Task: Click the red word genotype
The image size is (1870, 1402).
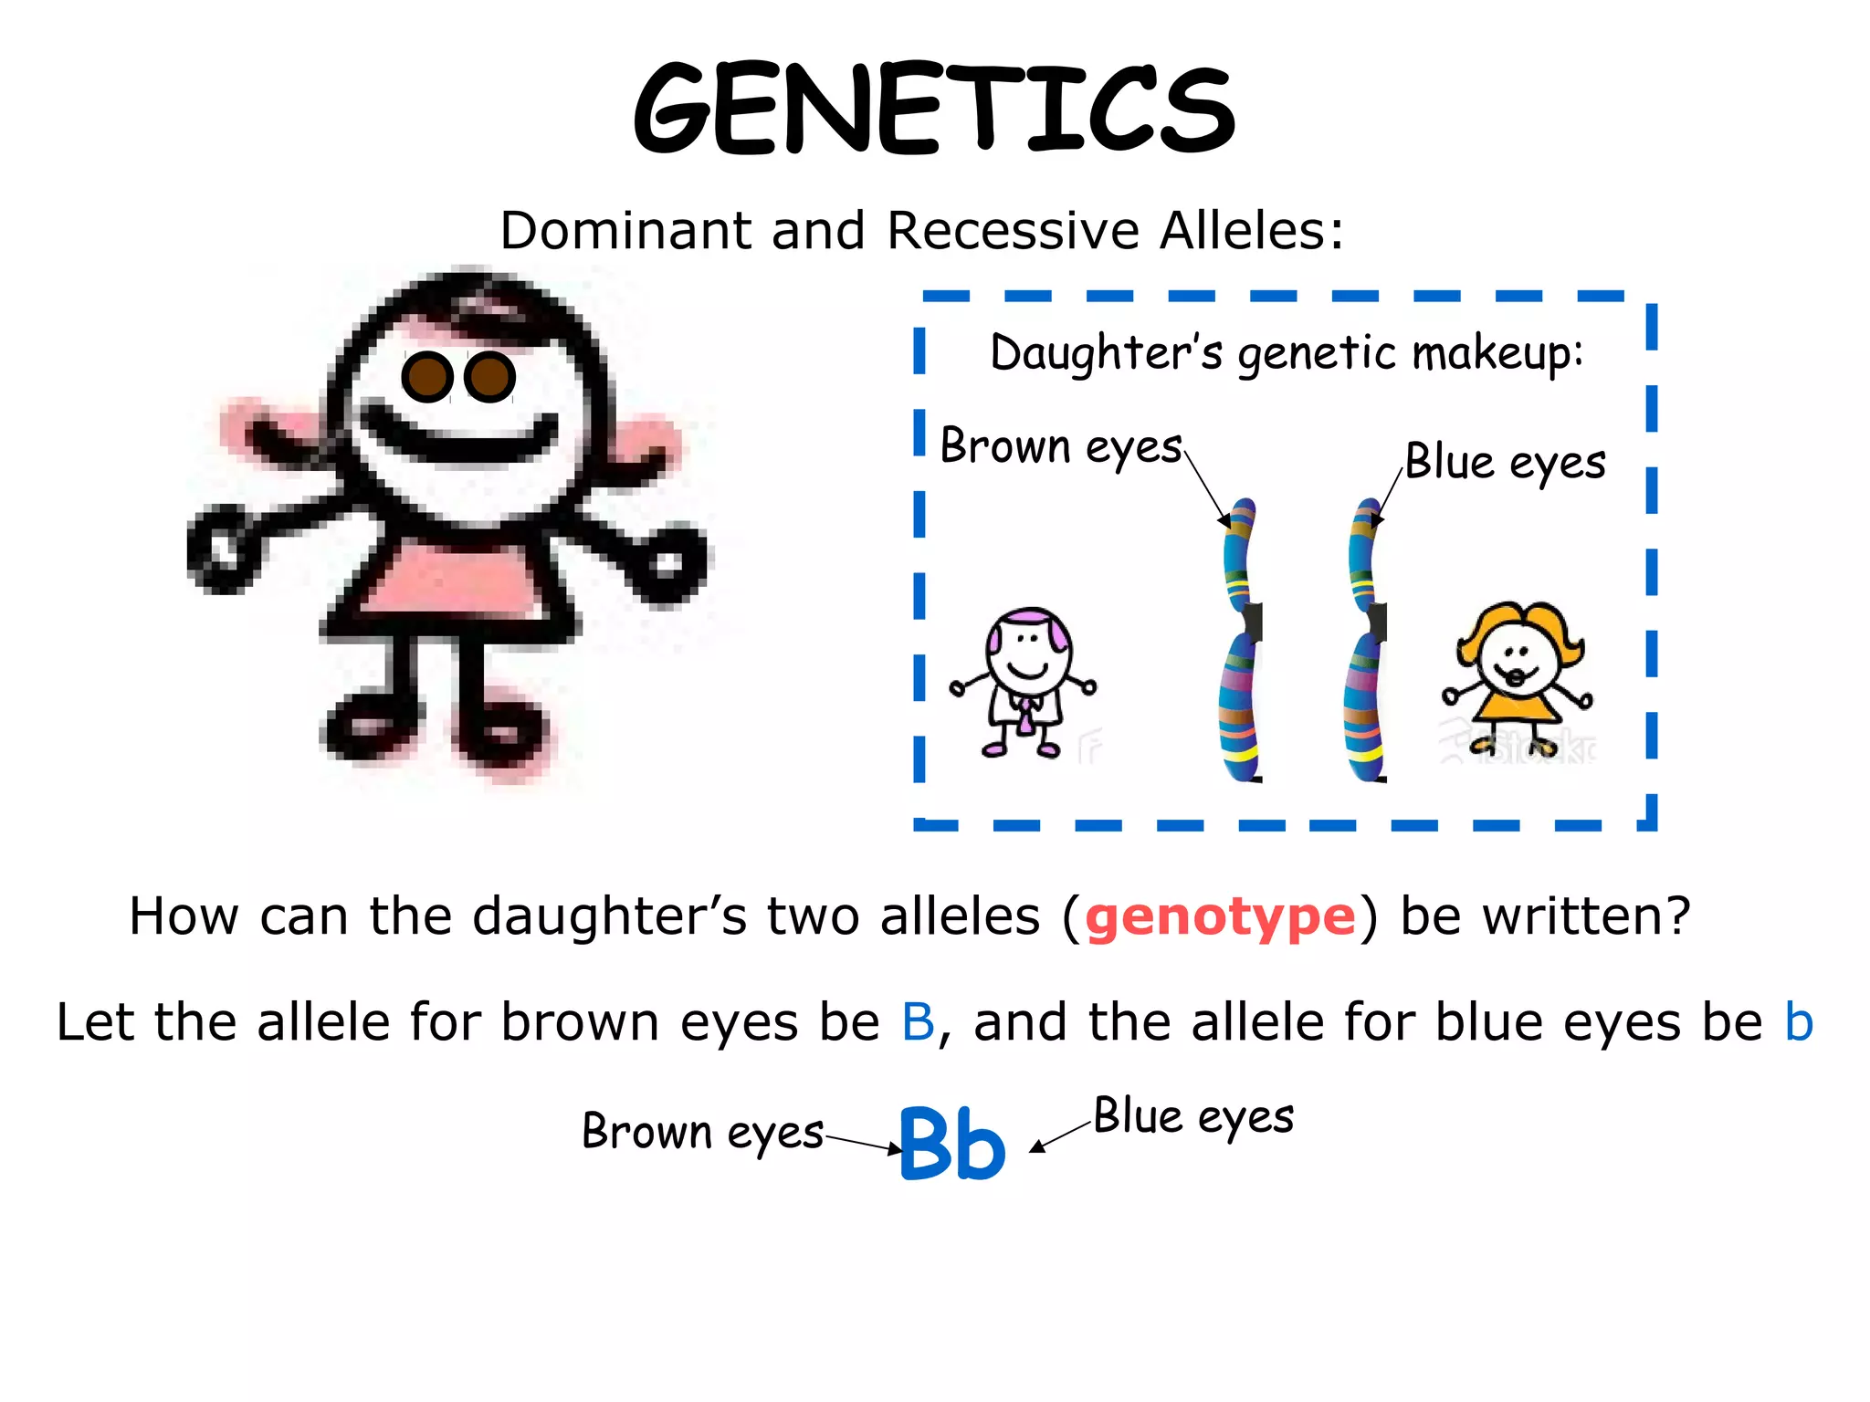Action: pyautogui.click(x=1220, y=916)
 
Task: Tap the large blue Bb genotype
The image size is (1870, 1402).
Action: pyautogui.click(x=952, y=1143)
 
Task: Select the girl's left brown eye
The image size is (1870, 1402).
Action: pyautogui.click(x=426, y=376)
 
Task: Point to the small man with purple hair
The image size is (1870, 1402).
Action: pyautogui.click(x=1024, y=680)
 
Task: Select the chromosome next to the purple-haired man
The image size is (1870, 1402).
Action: pyautogui.click(x=1242, y=639)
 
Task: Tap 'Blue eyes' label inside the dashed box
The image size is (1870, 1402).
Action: pyautogui.click(x=1505, y=462)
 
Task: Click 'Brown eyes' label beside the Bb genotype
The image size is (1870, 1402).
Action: pyautogui.click(x=702, y=1132)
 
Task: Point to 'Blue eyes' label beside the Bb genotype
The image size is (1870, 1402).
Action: pyautogui.click(x=1193, y=1116)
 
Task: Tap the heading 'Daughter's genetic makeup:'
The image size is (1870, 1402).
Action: pyautogui.click(x=1287, y=353)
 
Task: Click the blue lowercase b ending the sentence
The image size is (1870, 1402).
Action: pyautogui.click(x=1799, y=1021)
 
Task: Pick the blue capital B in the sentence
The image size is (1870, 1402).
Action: pyautogui.click(x=918, y=1021)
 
